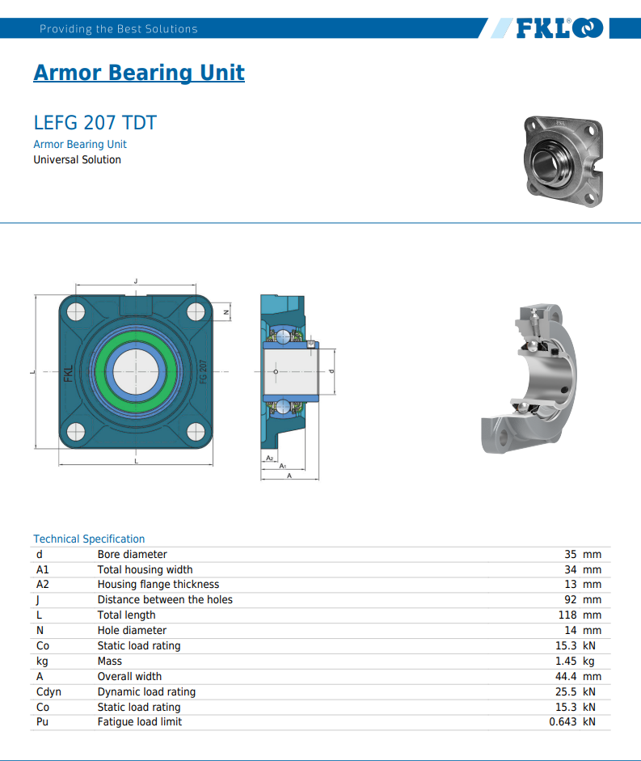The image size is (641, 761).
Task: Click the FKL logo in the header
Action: (x=559, y=28)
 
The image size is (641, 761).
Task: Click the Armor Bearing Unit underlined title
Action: (x=139, y=73)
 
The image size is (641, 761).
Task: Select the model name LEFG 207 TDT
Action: (x=95, y=123)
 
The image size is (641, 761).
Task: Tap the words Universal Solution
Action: (x=77, y=159)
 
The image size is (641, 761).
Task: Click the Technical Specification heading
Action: (x=89, y=539)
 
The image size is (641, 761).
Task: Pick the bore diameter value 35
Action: (x=570, y=554)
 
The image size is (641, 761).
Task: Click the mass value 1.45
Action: (x=566, y=661)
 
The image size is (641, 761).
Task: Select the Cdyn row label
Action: (x=48, y=691)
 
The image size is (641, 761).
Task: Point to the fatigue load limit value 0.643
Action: (x=563, y=721)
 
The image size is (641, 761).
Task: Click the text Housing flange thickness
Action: (x=158, y=585)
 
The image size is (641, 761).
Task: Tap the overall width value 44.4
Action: (x=566, y=677)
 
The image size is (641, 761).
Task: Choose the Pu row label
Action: (x=42, y=721)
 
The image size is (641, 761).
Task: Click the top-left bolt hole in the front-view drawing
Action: (x=76, y=312)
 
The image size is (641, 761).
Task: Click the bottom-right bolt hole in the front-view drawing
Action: (x=196, y=432)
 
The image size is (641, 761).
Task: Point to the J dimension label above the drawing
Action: (x=136, y=281)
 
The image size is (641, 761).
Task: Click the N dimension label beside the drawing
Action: (x=226, y=312)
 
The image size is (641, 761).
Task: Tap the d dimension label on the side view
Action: (x=332, y=371)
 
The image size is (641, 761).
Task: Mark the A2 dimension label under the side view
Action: (x=270, y=459)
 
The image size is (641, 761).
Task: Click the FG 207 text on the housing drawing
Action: (x=203, y=372)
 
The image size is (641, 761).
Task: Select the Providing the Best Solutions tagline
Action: (x=118, y=28)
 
